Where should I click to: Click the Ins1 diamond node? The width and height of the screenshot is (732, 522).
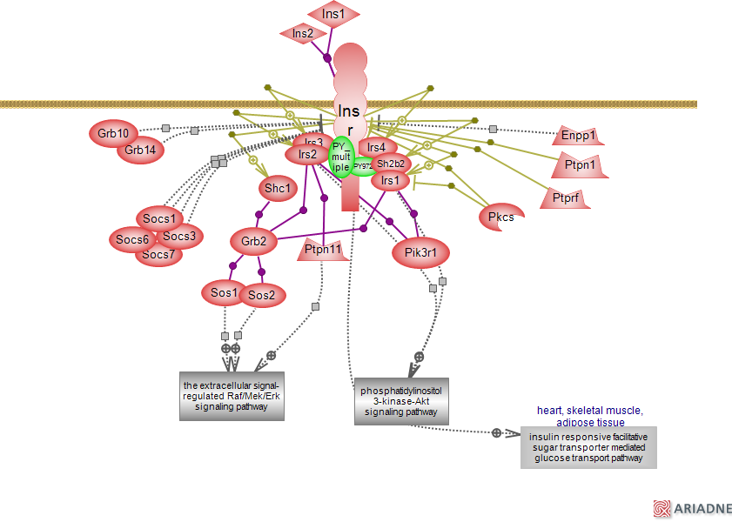pyautogui.click(x=333, y=14)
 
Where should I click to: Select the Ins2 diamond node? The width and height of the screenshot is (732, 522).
pyautogui.click(x=303, y=34)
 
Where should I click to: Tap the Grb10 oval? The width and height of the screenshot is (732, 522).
pyautogui.click(x=113, y=133)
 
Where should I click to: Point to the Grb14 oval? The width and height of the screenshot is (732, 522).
pyautogui.click(x=140, y=150)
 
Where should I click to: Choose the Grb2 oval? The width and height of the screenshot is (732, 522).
pyautogui.click(x=253, y=240)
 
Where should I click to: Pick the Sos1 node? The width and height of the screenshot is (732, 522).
pyautogui.click(x=224, y=293)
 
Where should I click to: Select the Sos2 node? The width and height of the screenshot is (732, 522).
pyautogui.click(x=261, y=295)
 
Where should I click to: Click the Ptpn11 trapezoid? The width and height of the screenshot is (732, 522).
pyautogui.click(x=323, y=251)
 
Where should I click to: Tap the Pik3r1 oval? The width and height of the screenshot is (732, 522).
pyautogui.click(x=426, y=253)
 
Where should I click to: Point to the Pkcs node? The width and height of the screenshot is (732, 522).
pyautogui.click(x=500, y=217)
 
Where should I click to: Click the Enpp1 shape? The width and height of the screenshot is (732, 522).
pyautogui.click(x=579, y=136)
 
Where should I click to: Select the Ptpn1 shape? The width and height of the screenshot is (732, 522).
pyautogui.click(x=580, y=164)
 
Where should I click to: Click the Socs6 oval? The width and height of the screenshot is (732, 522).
pyautogui.click(x=133, y=239)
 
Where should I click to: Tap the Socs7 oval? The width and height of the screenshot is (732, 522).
pyautogui.click(x=158, y=254)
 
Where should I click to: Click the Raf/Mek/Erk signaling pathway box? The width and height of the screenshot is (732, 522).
pyautogui.click(x=232, y=395)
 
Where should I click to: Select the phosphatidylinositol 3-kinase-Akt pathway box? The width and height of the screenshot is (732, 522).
pyautogui.click(x=401, y=401)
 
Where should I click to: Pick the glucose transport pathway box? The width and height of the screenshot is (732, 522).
pyautogui.click(x=588, y=447)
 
